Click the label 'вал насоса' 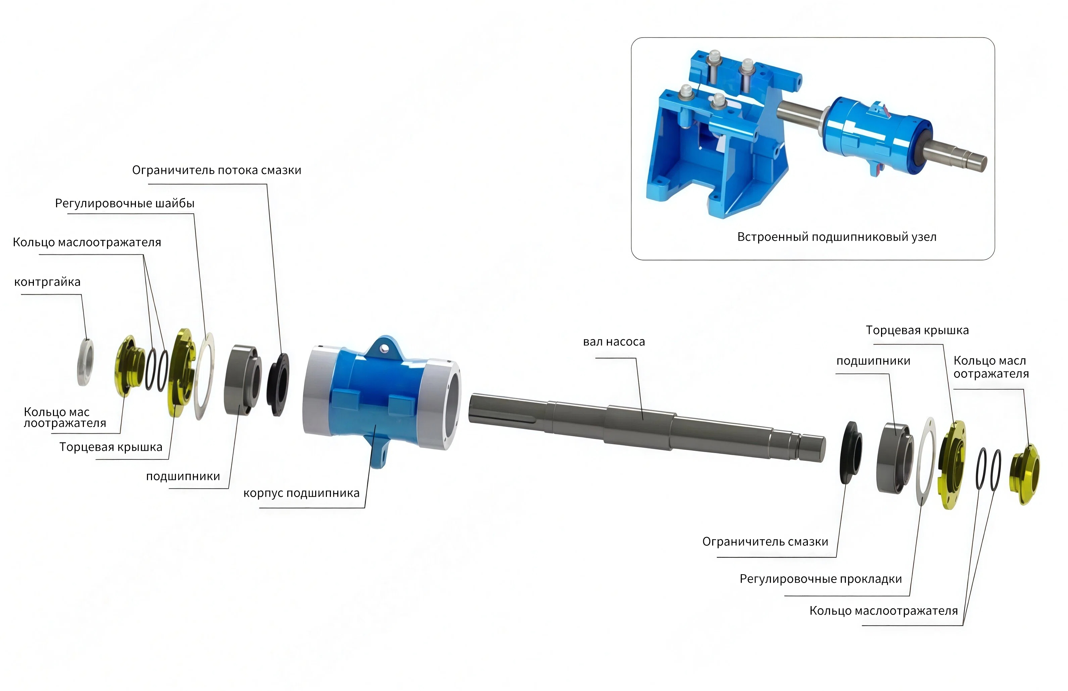point(614,342)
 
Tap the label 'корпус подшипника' point(301,493)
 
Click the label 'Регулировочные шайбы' point(125,204)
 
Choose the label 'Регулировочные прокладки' point(821,579)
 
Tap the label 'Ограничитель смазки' point(765,542)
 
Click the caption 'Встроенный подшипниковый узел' point(837,237)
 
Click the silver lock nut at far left point(85,362)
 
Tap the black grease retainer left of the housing point(278,385)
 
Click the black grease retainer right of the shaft point(851,452)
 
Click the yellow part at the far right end point(1025,474)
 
